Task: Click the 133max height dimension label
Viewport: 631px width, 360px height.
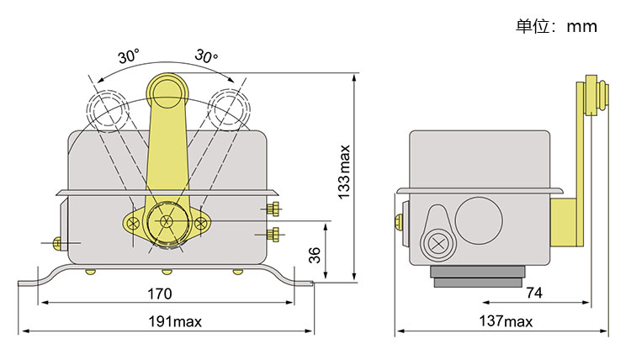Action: click(344, 175)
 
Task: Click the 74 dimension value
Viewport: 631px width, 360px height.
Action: click(533, 294)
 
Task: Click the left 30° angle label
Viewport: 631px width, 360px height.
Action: click(129, 57)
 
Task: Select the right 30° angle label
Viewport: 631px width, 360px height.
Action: click(206, 56)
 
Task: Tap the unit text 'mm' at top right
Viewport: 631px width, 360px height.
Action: click(581, 26)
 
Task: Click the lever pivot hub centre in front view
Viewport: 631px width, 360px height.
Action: click(167, 223)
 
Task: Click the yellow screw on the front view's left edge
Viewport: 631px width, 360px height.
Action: click(57, 243)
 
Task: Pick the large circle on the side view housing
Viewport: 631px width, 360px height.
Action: click(479, 221)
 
